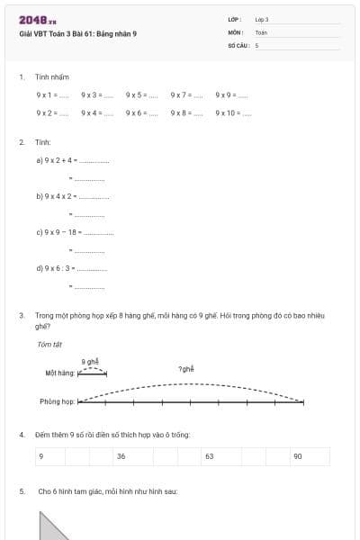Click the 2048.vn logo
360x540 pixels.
pyautogui.click(x=38, y=20)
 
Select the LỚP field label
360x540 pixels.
pyautogui.click(x=235, y=19)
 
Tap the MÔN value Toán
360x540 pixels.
pyautogui.click(x=261, y=31)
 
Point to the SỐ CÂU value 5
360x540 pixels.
pyautogui.click(x=256, y=44)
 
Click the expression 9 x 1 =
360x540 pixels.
pyautogui.click(x=50, y=94)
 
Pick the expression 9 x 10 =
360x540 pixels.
pyautogui.click(x=233, y=113)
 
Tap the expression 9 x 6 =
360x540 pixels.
pyautogui.click(x=141, y=113)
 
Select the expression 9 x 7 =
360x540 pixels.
pyautogui.click(x=185, y=94)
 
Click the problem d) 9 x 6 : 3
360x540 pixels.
pyautogui.click(x=71, y=267)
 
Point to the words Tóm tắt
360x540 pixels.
pyautogui.click(x=49, y=344)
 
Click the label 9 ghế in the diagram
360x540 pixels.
pyautogui.click(x=90, y=361)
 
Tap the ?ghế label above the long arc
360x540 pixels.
pyautogui.click(x=186, y=369)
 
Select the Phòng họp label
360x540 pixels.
pyautogui.click(x=56, y=401)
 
